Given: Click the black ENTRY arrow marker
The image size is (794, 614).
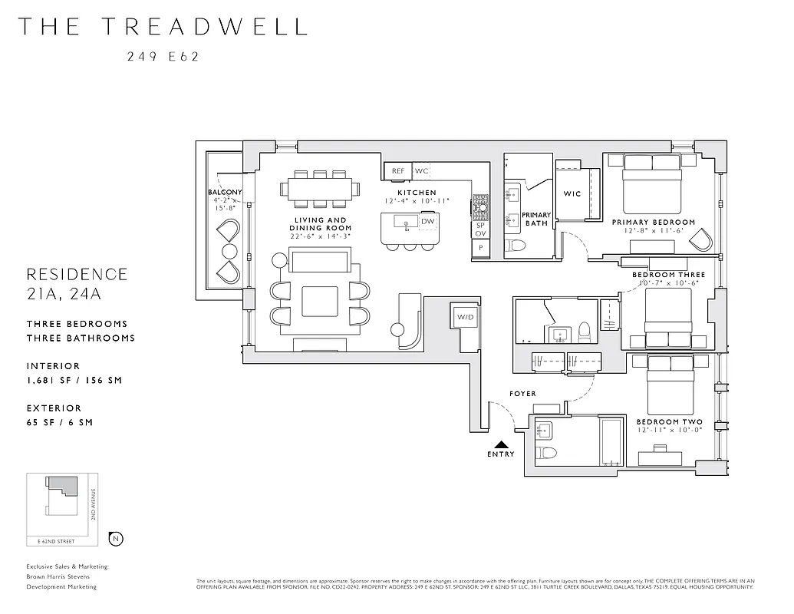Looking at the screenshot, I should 500,444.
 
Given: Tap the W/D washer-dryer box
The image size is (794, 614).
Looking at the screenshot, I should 465,318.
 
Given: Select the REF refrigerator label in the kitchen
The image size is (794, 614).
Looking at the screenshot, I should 398,171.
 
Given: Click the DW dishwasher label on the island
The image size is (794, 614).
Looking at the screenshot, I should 428,222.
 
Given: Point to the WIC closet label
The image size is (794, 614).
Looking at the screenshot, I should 572,194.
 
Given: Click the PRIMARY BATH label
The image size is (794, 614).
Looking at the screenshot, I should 536,220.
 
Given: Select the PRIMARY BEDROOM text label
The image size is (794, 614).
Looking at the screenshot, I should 654,223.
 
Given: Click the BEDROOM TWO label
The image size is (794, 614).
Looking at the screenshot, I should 669,422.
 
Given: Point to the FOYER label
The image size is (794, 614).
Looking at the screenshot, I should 522,394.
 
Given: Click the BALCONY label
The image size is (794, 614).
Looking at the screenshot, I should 225,192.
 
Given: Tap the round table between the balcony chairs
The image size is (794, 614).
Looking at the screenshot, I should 229,251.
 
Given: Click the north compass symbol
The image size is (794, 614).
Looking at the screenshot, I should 116,539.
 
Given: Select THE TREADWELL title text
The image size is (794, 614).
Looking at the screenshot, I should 163,26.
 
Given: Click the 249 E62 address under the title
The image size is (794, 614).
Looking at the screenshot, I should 163,55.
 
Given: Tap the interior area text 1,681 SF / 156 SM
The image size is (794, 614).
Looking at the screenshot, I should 74,380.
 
